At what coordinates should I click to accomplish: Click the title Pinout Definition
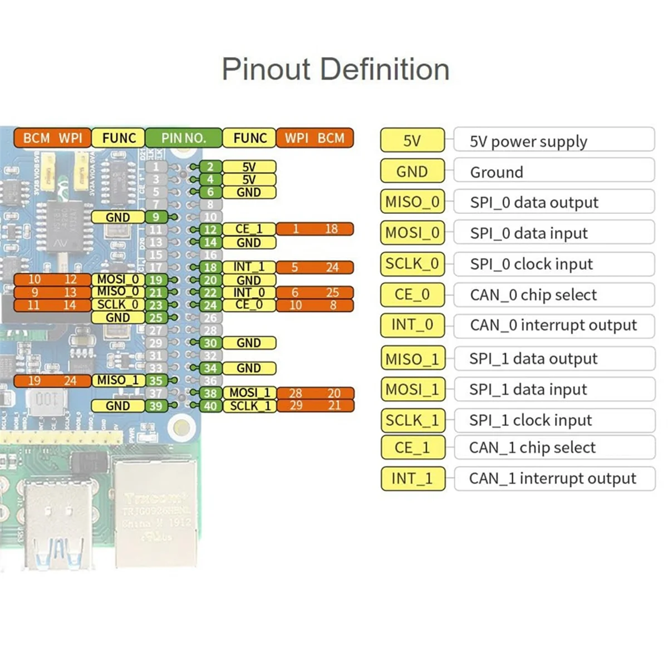tap(335, 70)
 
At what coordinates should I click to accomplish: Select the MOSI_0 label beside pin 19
tap(118, 279)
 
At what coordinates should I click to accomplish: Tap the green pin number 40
tap(210, 406)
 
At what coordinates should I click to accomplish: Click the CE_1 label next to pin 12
tap(249, 229)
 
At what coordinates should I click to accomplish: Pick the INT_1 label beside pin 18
tap(249, 267)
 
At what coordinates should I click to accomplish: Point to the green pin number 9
tap(156, 217)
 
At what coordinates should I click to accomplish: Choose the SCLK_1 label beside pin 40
tap(250, 406)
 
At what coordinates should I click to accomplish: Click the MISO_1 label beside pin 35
tap(118, 380)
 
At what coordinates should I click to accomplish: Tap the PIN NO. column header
tap(183, 138)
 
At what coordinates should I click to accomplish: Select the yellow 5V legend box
tap(412, 140)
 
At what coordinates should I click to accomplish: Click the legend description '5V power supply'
tap(528, 141)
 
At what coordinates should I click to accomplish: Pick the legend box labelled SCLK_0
tap(412, 264)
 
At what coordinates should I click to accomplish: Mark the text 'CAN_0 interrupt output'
tap(553, 325)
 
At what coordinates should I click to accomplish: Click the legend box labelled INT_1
tap(412, 479)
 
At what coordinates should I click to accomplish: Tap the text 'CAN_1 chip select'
tap(532, 448)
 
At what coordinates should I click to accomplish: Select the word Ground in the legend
tap(496, 172)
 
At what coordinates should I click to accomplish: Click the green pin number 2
tap(210, 166)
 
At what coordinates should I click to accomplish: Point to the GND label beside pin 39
tap(118, 406)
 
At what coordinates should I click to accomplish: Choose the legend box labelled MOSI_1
tap(412, 389)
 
